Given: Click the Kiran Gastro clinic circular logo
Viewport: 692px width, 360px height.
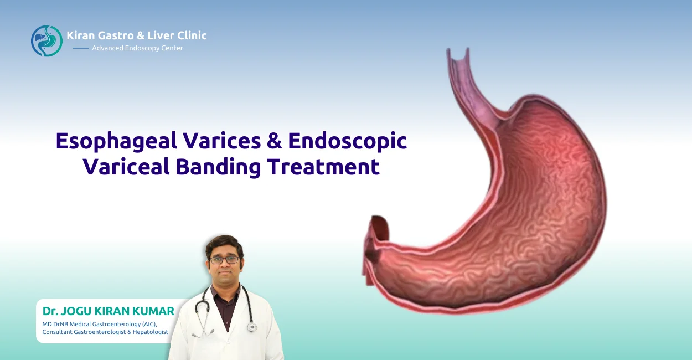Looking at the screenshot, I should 47,40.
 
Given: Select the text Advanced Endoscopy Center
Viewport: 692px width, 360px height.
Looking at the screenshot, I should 137,48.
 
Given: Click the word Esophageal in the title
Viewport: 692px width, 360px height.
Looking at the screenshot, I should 113,141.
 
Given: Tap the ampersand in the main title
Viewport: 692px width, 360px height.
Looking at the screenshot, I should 274,141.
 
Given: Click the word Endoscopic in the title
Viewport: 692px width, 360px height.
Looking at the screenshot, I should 348,141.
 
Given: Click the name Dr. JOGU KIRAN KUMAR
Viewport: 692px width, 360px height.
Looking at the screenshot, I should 109,311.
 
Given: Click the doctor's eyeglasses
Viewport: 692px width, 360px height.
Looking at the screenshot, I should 224,260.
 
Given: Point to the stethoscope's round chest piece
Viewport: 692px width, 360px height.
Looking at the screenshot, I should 251,327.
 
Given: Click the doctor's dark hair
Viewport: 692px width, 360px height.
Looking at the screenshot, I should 224,244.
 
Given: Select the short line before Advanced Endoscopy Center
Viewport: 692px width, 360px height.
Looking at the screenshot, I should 81,48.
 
